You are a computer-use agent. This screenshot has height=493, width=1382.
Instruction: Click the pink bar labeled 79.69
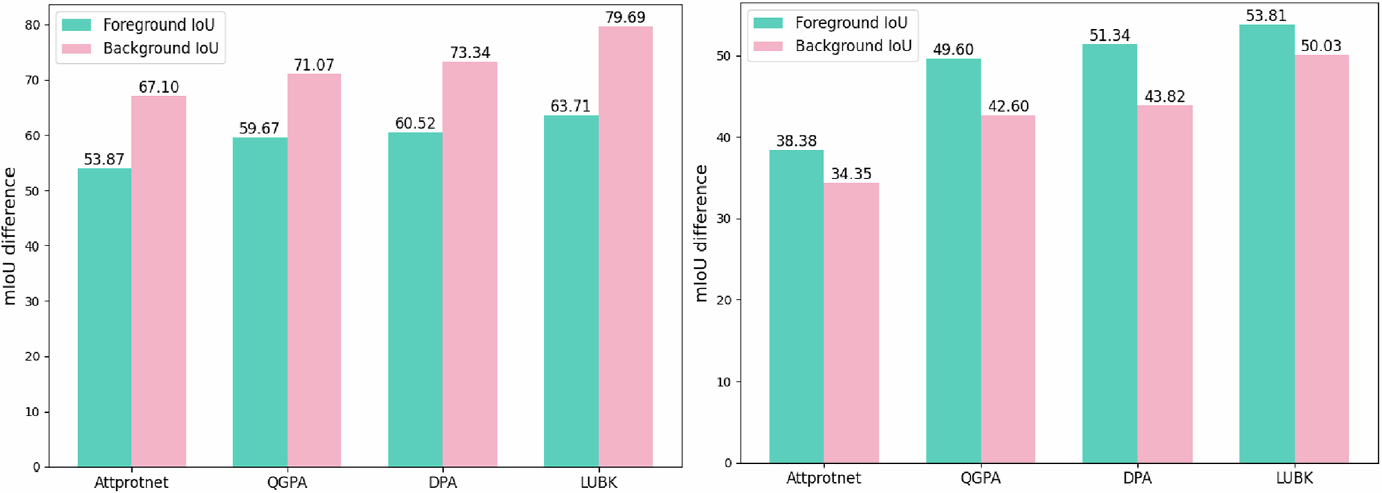(625, 247)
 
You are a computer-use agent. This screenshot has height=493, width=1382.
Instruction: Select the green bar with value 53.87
(104, 317)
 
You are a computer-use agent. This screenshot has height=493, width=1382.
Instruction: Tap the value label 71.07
(314, 65)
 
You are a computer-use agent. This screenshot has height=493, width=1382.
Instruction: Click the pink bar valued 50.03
(1321, 259)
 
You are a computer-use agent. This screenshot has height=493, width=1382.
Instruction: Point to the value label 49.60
(953, 50)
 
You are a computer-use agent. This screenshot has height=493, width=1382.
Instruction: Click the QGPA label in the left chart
(287, 482)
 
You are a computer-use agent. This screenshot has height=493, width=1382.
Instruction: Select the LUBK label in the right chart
(1294, 478)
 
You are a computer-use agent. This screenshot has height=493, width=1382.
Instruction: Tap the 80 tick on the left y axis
(32, 25)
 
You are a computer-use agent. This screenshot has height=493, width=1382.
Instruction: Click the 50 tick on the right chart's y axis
(723, 56)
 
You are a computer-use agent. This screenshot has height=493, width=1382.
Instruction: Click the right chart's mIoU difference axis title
(701, 233)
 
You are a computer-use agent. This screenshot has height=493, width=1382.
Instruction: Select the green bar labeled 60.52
(415, 299)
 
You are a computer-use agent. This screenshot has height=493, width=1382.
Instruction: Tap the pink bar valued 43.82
(1165, 284)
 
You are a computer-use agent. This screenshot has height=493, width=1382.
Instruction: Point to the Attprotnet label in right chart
(823, 478)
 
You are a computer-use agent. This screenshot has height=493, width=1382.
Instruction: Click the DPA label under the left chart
(442, 482)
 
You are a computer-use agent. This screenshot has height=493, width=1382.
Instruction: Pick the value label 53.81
(1266, 15)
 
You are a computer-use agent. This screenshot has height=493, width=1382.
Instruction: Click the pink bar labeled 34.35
(851, 323)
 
